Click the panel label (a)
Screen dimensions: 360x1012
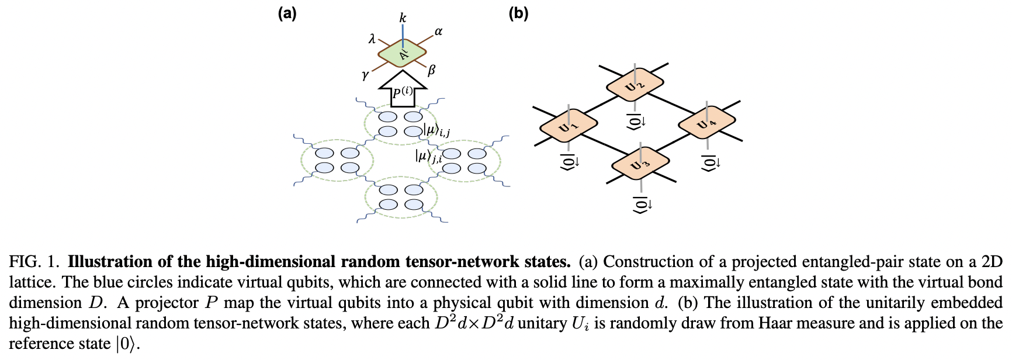coord(287,13)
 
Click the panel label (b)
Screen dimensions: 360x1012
coord(518,13)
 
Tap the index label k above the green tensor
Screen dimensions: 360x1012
coord(403,18)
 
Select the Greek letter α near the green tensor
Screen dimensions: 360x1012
coord(438,32)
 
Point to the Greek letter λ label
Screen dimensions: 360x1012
coord(372,39)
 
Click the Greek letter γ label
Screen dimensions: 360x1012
coord(365,75)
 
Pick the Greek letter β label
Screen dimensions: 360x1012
coord(432,71)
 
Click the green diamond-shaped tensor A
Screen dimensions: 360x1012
coord(403,54)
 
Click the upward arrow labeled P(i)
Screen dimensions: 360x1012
coord(402,90)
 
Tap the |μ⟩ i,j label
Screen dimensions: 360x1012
coord(436,130)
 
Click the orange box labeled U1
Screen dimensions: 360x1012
coord(568,125)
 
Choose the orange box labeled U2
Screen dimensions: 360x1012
coord(635,85)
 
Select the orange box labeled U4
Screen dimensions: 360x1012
coord(706,123)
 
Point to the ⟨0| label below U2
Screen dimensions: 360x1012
coord(636,122)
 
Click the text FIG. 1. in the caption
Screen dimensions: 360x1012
coord(34,262)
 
